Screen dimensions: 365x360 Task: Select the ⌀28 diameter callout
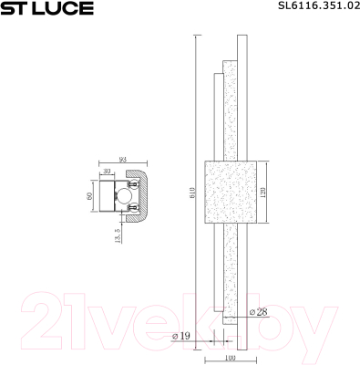coord(257,312)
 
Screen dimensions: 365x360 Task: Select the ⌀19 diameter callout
coord(180,337)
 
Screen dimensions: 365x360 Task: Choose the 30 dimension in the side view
coord(108,171)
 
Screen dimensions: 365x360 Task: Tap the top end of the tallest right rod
coord(240,38)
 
